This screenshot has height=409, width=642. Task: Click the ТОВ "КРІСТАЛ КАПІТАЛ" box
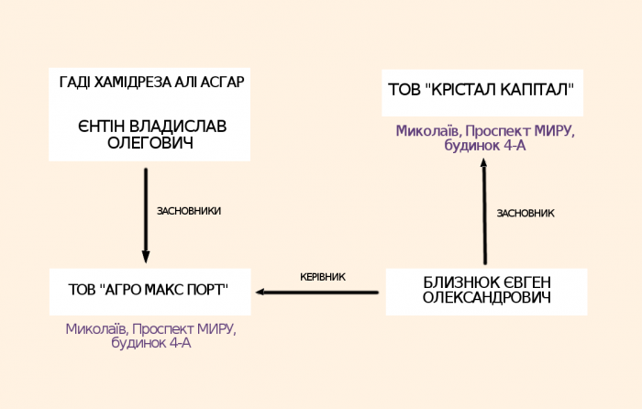[x=481, y=91]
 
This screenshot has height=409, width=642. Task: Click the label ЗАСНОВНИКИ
[x=189, y=211]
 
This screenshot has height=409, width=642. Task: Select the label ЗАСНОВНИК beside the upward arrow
[x=526, y=214]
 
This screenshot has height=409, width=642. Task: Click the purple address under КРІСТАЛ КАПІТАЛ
[x=485, y=138]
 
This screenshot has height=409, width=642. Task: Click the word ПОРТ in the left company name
[x=203, y=290]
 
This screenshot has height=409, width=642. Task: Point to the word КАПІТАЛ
[x=536, y=90]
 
